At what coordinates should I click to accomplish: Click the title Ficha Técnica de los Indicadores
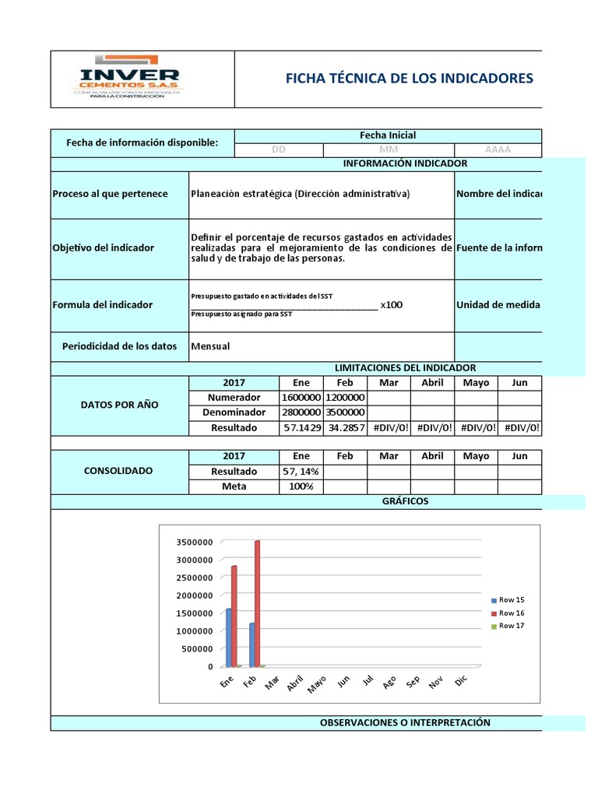pos(410,78)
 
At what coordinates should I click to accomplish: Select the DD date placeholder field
pos(278,149)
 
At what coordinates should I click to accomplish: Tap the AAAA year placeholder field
pos(498,149)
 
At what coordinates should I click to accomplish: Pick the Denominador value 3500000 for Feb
pos(345,413)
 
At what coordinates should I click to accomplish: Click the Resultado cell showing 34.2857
pos(345,427)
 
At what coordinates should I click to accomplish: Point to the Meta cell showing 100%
pos(301,486)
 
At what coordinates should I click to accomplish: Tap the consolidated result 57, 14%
pos(301,472)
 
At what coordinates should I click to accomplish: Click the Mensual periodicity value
pos(210,346)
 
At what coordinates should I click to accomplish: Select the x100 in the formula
pos(392,304)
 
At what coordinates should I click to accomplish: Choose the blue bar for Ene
pos(228,637)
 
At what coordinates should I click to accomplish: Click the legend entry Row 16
pos(511,613)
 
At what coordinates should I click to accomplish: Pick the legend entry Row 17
pos(511,626)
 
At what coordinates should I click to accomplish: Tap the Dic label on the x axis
pos(460,681)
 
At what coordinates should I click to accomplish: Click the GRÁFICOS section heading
pos(405,501)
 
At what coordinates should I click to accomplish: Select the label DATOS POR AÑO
pos(120,405)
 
